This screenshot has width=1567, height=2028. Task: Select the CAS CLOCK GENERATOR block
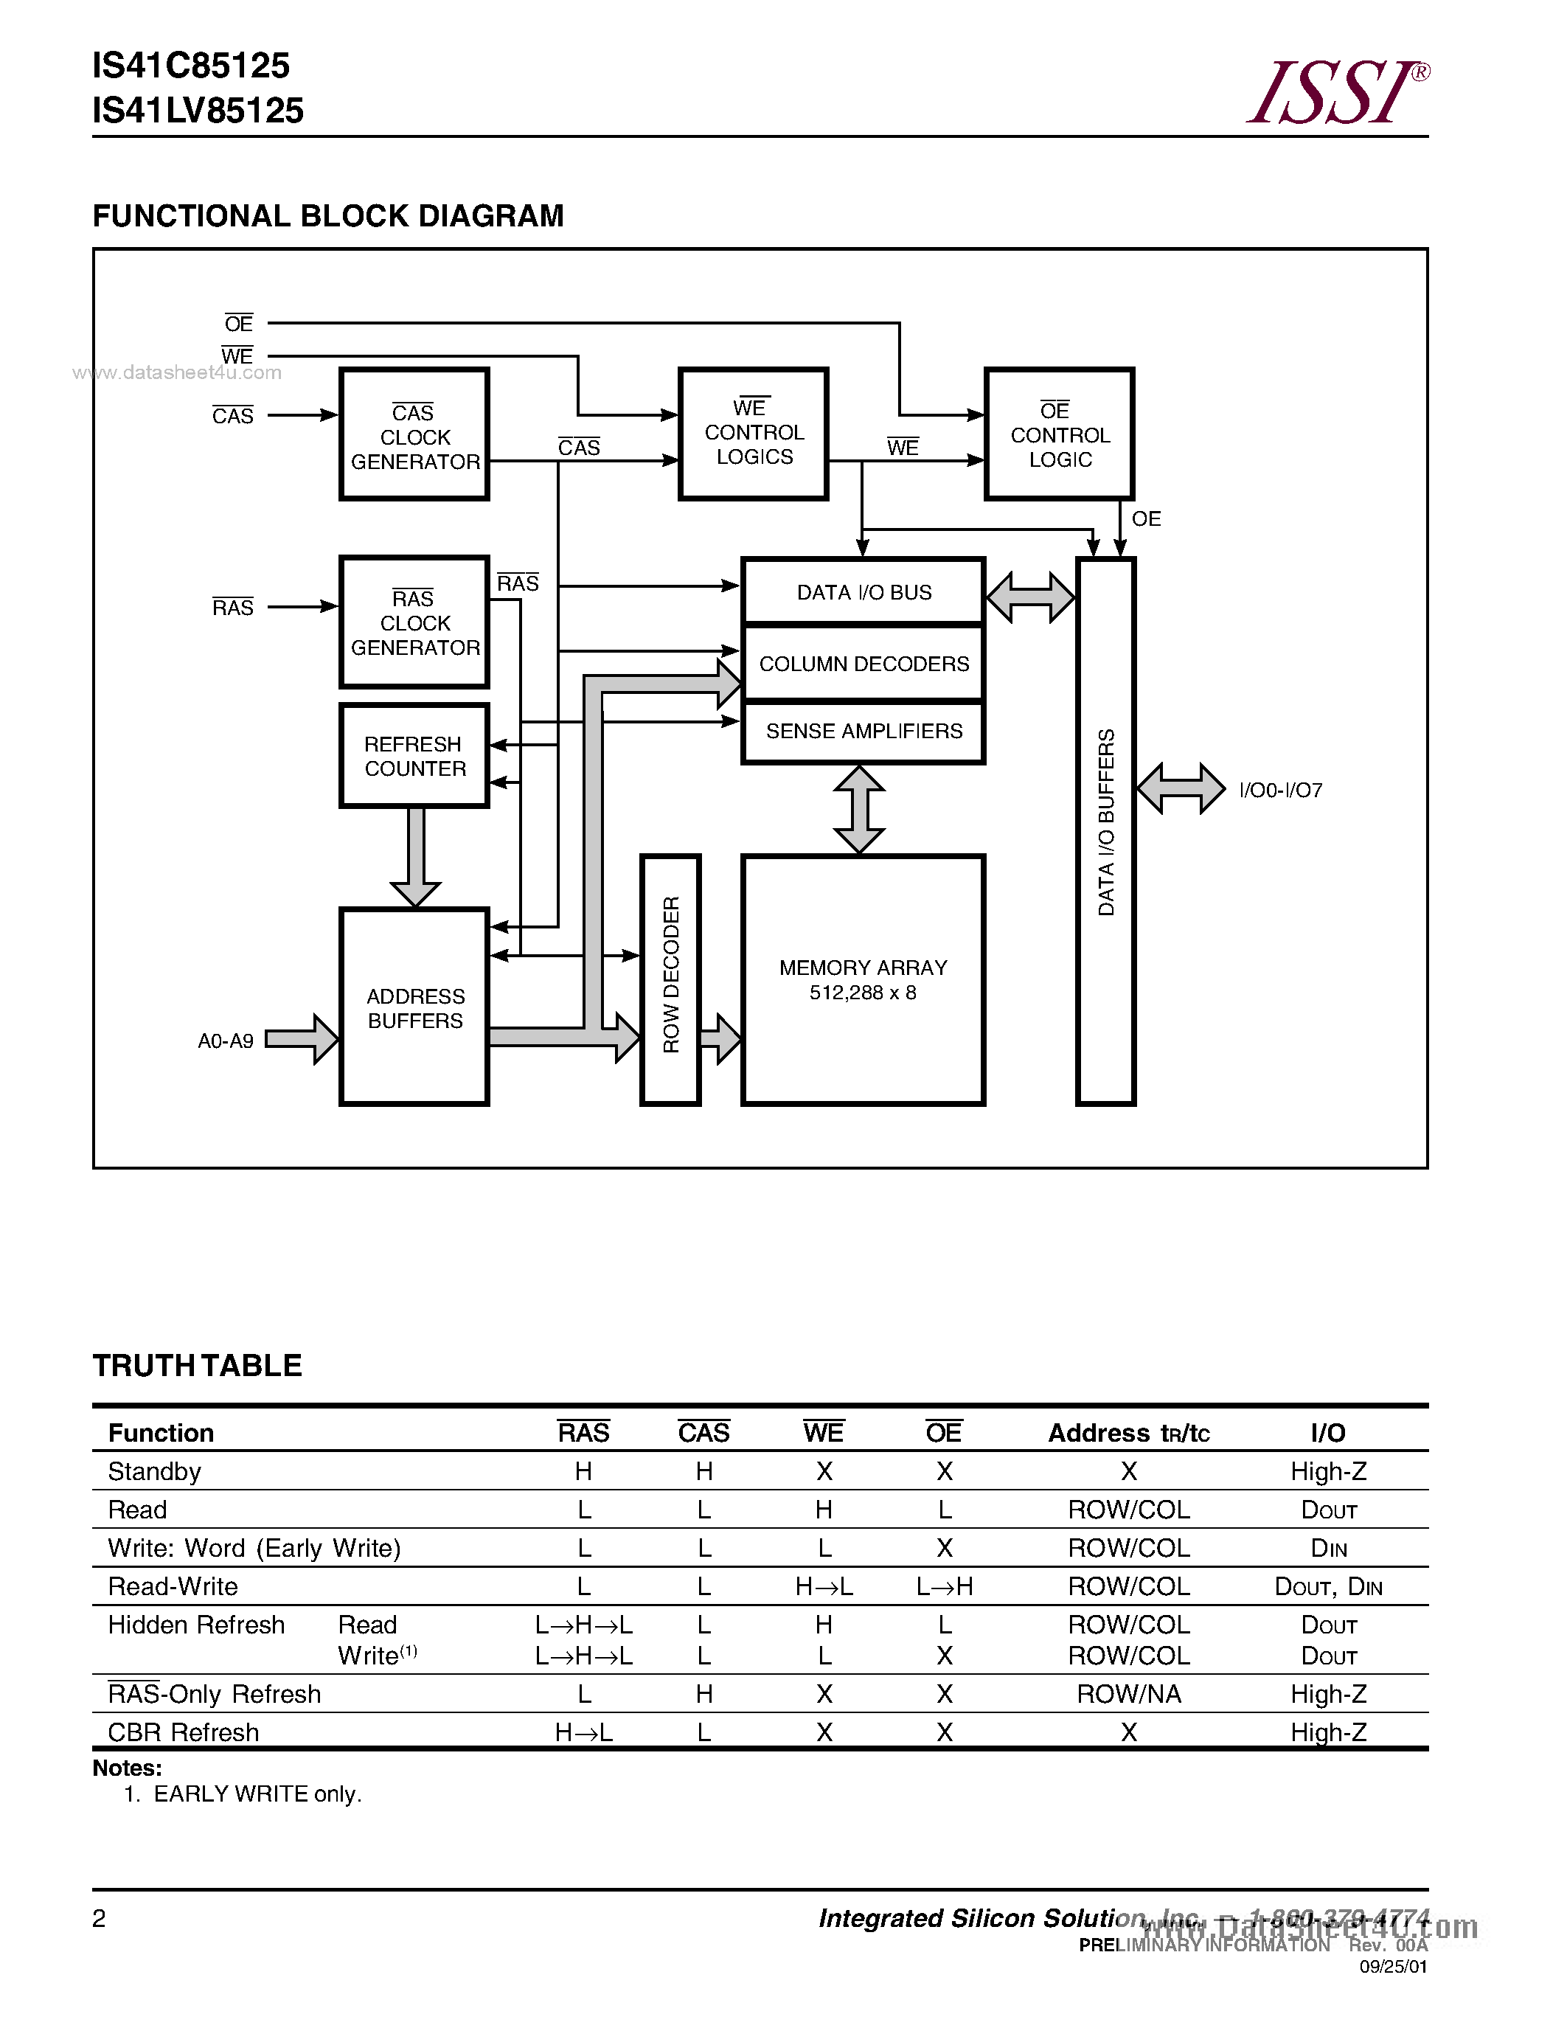coord(414,434)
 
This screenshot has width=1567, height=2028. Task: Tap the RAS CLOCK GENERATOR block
coord(414,622)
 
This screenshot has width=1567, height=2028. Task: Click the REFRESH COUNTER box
coord(414,756)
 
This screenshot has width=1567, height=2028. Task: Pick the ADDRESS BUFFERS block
coord(414,1007)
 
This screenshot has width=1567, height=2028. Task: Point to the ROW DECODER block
coord(670,979)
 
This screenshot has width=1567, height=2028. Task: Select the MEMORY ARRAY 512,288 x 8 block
coord(863,979)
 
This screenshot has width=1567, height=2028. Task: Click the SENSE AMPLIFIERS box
coord(864,732)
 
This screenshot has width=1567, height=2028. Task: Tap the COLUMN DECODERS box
coord(864,664)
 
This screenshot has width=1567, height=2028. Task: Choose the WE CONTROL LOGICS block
coord(753,434)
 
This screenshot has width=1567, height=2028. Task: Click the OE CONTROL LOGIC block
coord(1059,434)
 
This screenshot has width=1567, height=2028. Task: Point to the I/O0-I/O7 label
coord(1280,791)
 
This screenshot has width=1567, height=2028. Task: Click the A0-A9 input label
coord(226,1041)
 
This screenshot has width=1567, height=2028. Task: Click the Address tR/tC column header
coord(1128,1434)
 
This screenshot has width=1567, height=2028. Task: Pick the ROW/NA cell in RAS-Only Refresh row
coord(1128,1695)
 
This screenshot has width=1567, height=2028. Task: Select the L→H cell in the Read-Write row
coord(944,1587)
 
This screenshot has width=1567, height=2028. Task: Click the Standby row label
coord(154,1472)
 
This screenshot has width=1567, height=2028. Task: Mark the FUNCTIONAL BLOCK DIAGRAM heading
coord(327,215)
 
